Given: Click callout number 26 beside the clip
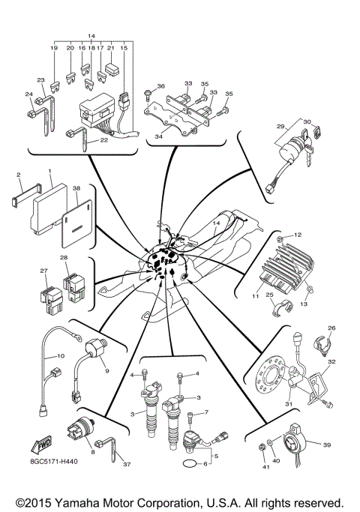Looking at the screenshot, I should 331,327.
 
